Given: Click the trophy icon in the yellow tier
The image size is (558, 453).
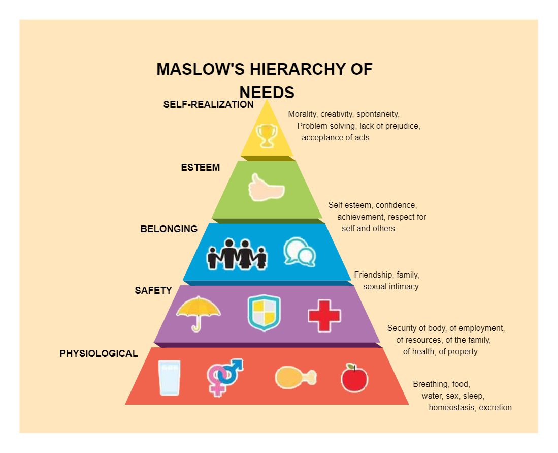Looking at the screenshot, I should tap(267, 136).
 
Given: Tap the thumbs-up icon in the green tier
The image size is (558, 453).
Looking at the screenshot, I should tap(266, 188).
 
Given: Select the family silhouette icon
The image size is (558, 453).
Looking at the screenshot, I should tap(237, 254).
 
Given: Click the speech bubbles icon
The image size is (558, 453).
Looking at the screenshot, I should tap(299, 251).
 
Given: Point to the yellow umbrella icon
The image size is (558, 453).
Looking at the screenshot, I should tap(198, 312).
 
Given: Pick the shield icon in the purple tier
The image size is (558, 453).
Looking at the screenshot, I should tap(264, 313).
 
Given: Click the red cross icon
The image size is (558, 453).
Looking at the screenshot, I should tap(324, 315).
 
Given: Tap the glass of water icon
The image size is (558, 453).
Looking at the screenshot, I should tap(169, 378).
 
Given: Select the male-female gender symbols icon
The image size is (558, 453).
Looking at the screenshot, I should tap(224, 377).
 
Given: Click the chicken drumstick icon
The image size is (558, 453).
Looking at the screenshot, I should tap(295, 378).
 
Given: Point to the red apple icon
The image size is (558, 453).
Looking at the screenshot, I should tap(354, 378).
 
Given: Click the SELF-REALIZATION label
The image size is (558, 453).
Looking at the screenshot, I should tap(208, 105).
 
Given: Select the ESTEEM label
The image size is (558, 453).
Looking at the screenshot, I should tap(201, 167).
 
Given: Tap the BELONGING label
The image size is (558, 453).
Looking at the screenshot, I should tap(169, 229).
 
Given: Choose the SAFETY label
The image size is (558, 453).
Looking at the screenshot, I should tap(153, 291).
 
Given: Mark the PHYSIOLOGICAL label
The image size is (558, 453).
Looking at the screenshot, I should tap(99, 353).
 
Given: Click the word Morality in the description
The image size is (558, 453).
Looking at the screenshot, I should tap(302, 114).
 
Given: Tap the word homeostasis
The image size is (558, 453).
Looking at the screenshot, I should tap(451, 408).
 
